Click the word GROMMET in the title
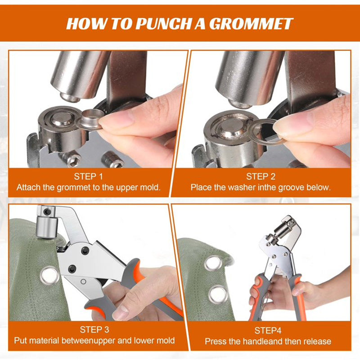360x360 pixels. [x=251, y=24]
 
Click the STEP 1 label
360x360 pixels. [x=88, y=176]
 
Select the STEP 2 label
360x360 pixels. [x=261, y=176]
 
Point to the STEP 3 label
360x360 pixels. [x=94, y=330]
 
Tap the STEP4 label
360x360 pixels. [x=268, y=331]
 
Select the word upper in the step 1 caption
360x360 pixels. [x=127, y=188]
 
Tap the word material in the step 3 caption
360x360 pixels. [x=43, y=340]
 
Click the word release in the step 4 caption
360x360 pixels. [x=317, y=341]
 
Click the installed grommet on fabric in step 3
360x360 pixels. [x=49, y=275]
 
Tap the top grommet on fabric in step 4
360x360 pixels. [x=213, y=263]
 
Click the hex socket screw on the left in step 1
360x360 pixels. [x=73, y=159]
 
